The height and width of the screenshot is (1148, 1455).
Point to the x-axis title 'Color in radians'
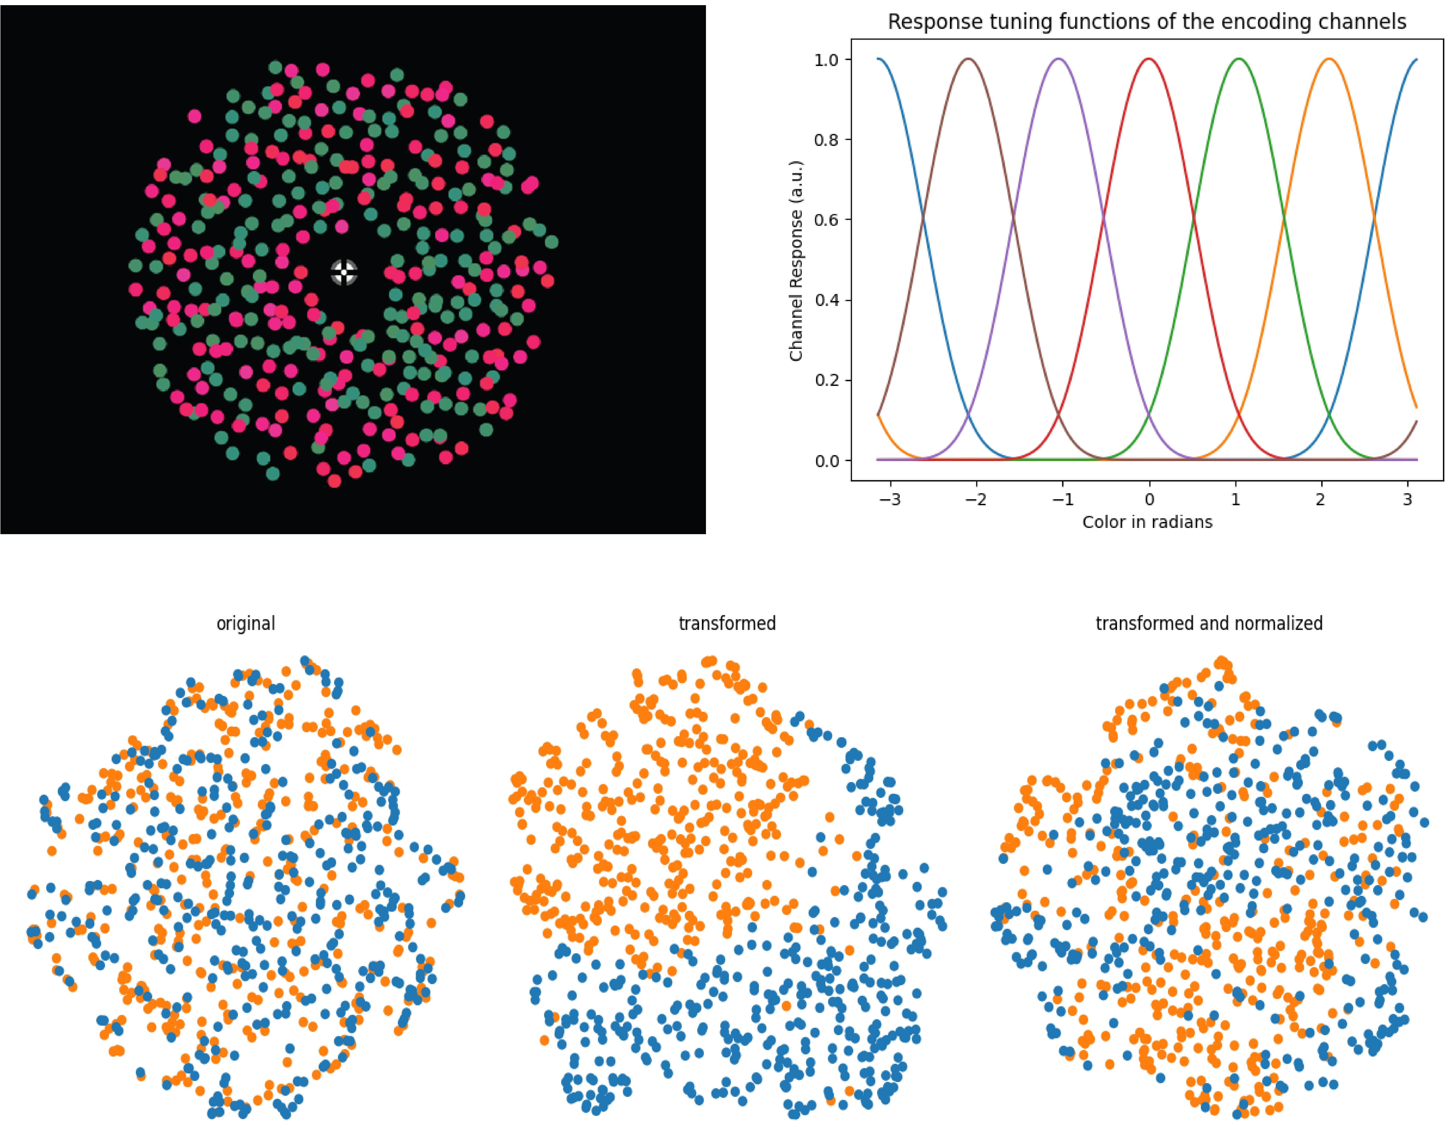point(1147,522)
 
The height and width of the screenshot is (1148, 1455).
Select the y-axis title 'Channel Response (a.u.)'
point(796,261)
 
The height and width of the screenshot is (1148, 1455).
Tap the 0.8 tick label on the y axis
point(826,140)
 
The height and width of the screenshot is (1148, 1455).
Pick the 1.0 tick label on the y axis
point(826,60)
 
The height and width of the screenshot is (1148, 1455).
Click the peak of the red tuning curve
point(1149,59)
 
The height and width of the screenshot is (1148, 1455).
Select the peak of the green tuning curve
point(1239,59)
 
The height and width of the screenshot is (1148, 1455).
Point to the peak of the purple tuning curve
point(1059,59)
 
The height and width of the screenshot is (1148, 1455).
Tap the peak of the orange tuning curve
point(1329,59)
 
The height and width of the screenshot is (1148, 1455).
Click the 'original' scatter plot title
point(245,624)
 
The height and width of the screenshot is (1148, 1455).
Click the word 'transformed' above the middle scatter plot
point(727,624)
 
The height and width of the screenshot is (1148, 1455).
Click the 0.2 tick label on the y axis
point(826,381)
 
